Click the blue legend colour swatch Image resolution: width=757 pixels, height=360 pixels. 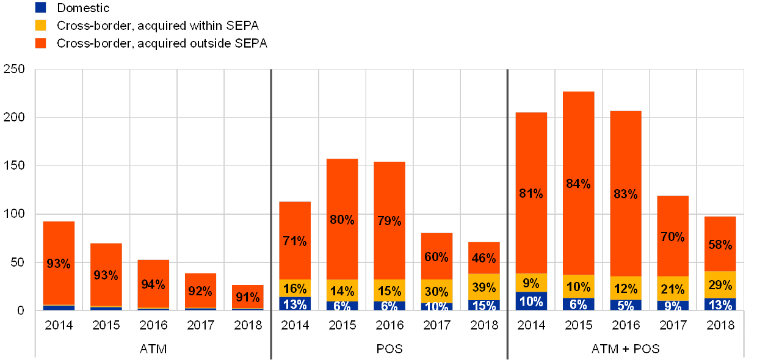tap(41, 8)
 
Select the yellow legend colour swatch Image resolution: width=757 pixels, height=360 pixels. tap(41, 26)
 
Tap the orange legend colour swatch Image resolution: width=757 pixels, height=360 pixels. tap(41, 43)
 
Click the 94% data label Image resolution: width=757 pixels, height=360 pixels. tap(153, 284)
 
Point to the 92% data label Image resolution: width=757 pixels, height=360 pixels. tap(200, 291)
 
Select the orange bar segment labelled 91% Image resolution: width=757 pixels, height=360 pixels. tap(247, 297)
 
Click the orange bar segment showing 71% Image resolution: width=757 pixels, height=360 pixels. tap(295, 240)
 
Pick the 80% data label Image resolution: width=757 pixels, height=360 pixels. tap(342, 220)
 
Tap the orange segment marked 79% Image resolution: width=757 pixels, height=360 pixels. tap(389, 221)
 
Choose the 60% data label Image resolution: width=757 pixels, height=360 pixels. tap(436, 257)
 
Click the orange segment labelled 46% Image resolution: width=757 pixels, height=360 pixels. tap(484, 258)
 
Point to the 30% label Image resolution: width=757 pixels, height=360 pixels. tap(436, 292)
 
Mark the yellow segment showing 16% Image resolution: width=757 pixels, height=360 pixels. tap(295, 289)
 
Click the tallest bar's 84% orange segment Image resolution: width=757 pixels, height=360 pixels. tap(578, 184)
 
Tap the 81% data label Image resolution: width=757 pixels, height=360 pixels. tap(531, 194)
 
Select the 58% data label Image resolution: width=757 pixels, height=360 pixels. tap(720, 245)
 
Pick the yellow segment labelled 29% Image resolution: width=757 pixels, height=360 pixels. tap(720, 285)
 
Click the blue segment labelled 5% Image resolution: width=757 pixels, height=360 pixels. tap(626, 305)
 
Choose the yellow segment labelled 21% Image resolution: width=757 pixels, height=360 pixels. tap(673, 289)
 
